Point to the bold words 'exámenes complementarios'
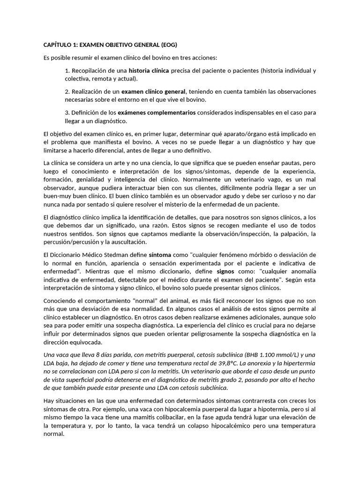(163, 112)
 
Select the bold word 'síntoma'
(160, 255)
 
